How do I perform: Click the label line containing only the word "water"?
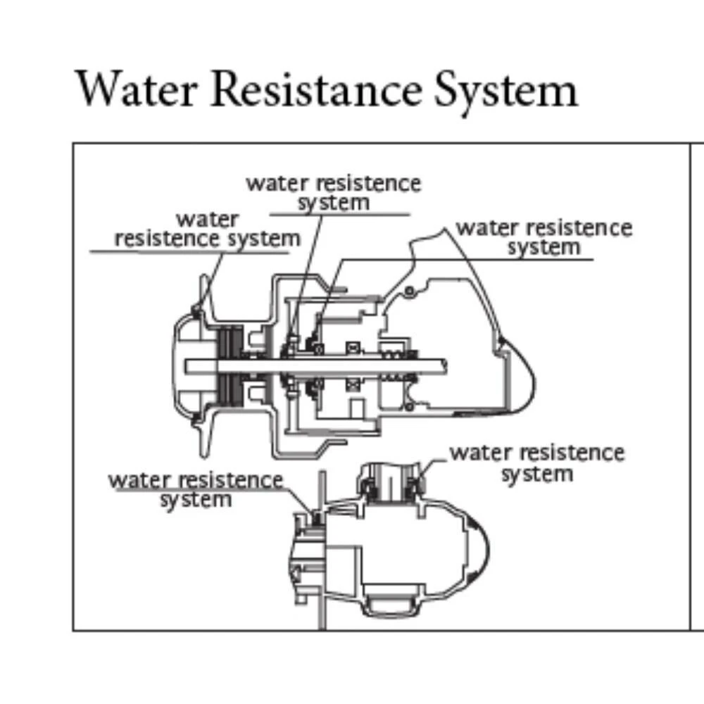pyautogui.click(x=208, y=220)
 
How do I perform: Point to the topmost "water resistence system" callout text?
pyautogui.click(x=333, y=192)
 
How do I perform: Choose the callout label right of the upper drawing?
pyautogui.click(x=543, y=237)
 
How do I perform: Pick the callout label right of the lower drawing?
pyautogui.click(x=536, y=462)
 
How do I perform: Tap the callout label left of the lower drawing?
pyautogui.click(x=196, y=489)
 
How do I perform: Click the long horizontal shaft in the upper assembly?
pyautogui.click(x=317, y=365)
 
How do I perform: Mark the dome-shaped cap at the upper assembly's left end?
pyautogui.click(x=184, y=366)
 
